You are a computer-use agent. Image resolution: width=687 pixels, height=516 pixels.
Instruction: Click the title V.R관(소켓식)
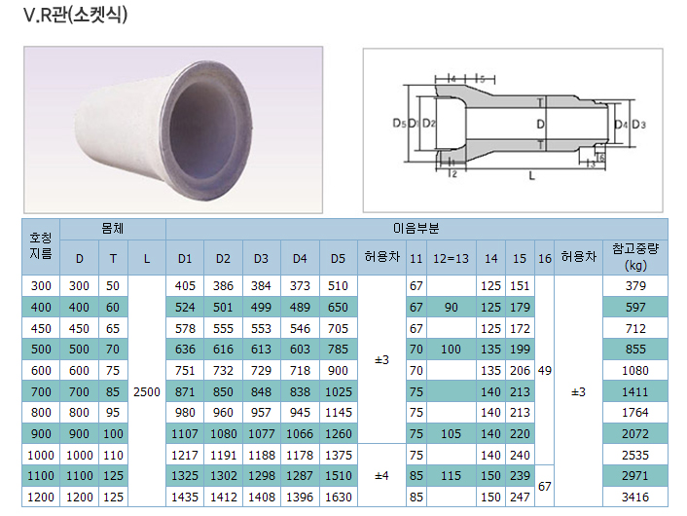(x=75, y=15)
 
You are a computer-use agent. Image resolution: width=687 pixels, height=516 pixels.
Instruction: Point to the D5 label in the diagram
(x=399, y=124)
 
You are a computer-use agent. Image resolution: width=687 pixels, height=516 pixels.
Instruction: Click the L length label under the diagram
(x=531, y=176)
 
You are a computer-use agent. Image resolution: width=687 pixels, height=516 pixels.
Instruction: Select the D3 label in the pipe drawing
(x=638, y=125)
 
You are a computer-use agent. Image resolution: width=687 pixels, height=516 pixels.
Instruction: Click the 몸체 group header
(x=113, y=229)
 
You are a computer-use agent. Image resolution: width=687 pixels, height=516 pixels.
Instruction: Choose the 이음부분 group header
(x=416, y=229)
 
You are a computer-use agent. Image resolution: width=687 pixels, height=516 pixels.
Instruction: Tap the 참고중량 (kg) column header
(x=635, y=257)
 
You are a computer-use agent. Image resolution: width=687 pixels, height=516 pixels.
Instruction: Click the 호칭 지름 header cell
(x=41, y=245)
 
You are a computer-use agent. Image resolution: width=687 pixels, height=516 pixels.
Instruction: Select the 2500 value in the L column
(x=147, y=392)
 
